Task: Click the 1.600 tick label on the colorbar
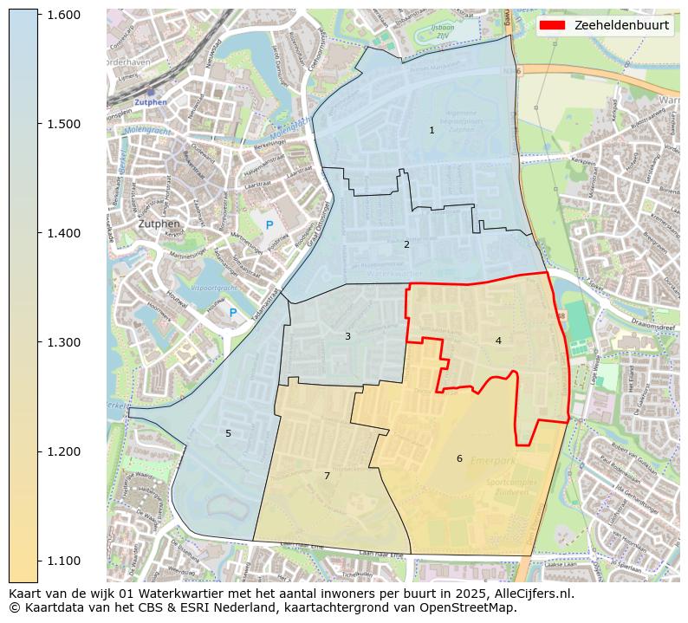62,15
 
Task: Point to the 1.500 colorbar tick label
62,124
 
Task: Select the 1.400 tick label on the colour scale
62,233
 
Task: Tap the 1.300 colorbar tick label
62,342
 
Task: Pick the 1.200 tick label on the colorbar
62,451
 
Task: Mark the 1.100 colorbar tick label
62,561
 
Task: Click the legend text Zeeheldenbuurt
621,25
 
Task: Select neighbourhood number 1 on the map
432,130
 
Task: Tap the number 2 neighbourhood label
406,244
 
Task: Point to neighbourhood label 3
347,336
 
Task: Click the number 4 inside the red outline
498,341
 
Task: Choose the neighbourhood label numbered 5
229,433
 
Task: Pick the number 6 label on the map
459,458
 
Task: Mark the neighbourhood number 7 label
327,476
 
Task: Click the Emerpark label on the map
492,461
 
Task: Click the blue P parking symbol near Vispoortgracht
232,313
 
